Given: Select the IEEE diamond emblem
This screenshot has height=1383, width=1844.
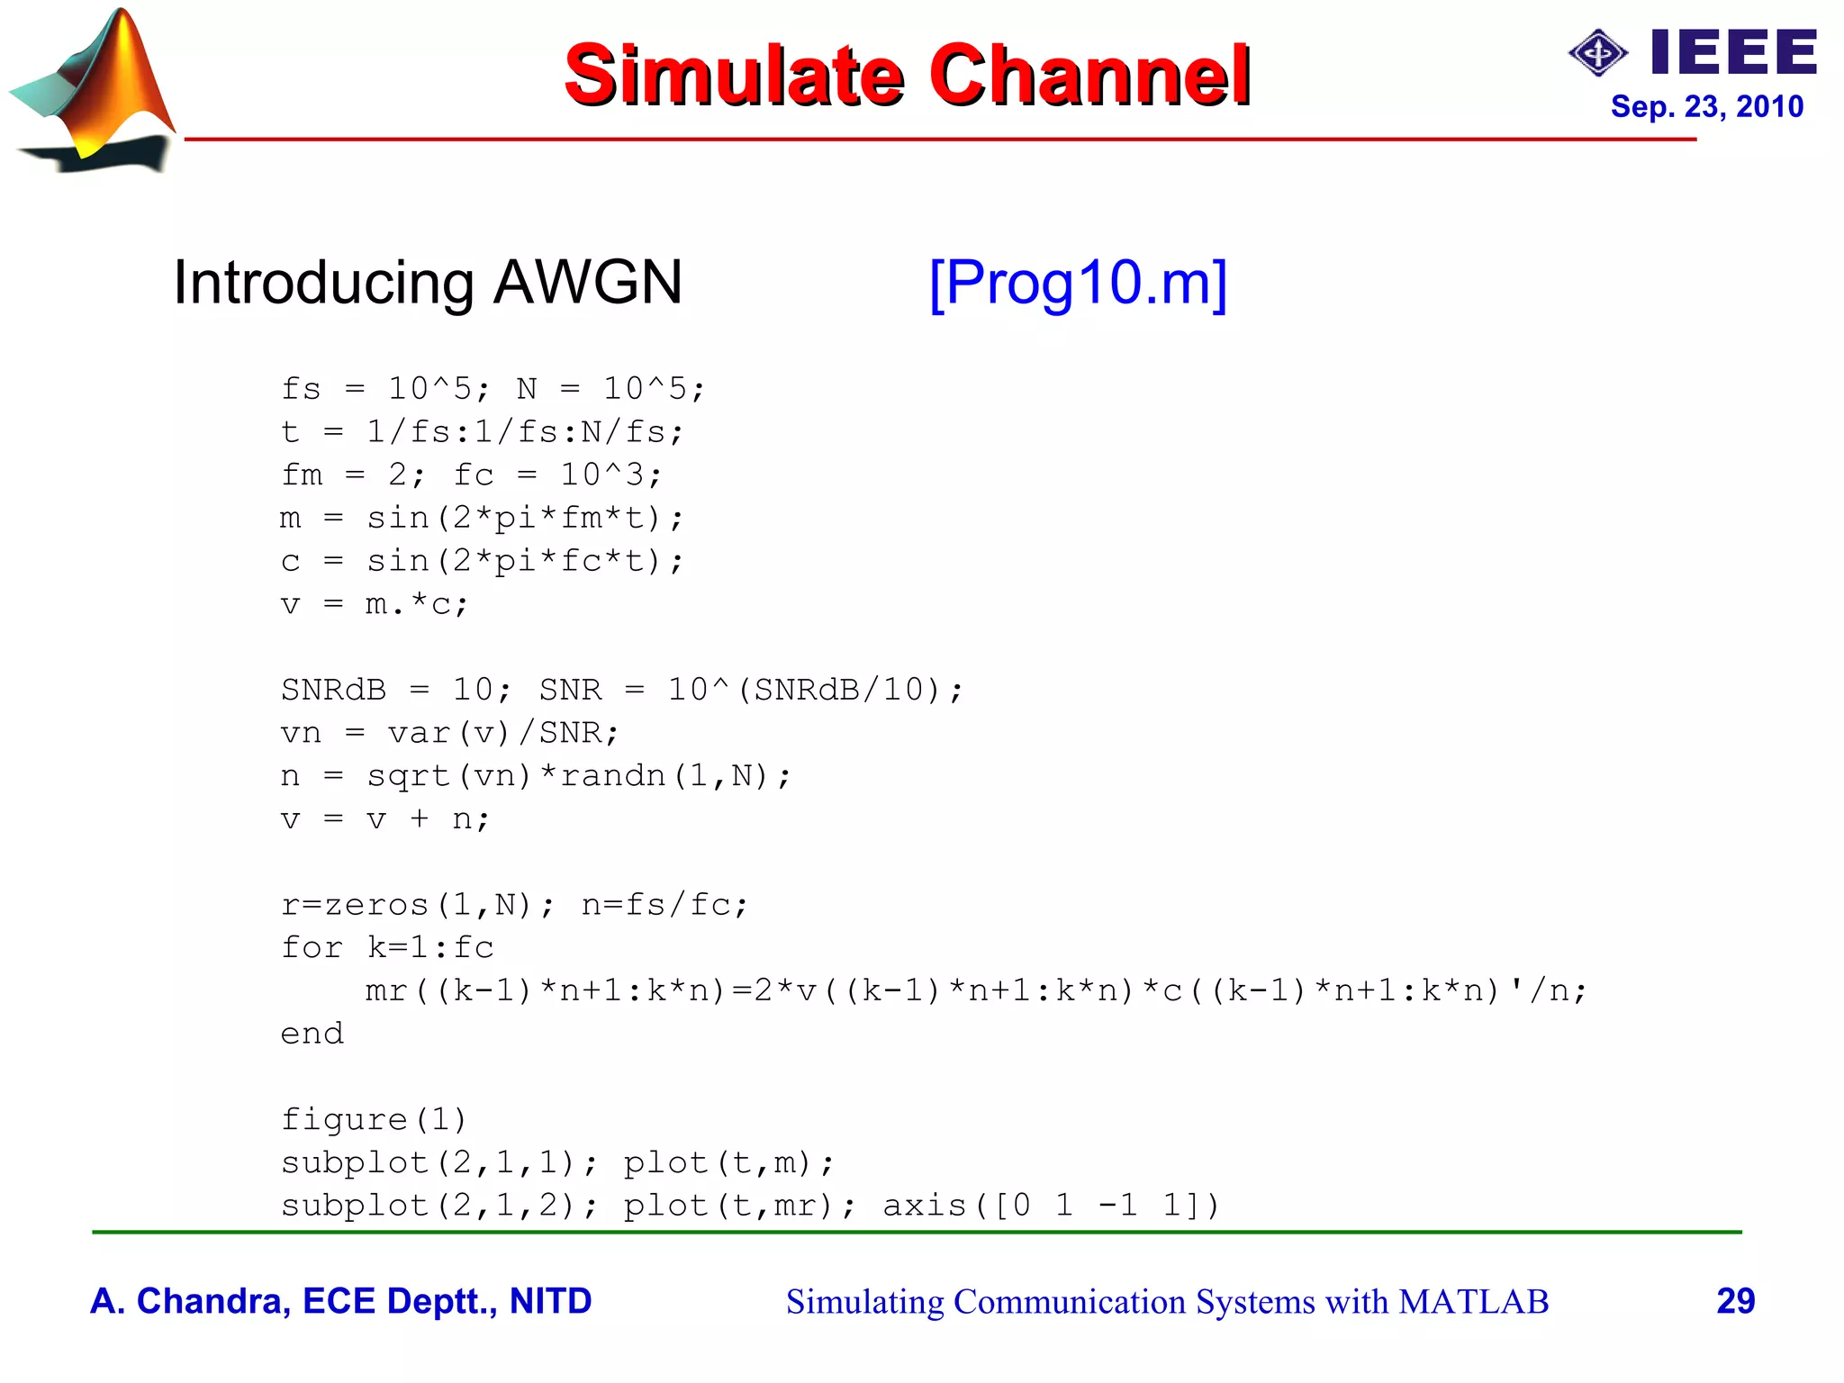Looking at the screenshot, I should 1597,53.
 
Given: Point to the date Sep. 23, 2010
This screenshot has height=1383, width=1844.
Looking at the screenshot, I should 1706,107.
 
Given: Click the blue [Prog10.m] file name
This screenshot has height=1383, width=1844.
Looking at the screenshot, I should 1078,283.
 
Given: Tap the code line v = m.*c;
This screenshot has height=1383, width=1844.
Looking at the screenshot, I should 375,604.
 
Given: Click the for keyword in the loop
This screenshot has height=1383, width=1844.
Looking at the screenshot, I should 312,947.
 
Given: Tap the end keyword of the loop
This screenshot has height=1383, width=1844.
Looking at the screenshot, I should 312,1034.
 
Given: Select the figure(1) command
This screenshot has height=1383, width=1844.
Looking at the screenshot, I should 375,1120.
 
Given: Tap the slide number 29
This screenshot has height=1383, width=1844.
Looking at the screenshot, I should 1735,1301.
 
